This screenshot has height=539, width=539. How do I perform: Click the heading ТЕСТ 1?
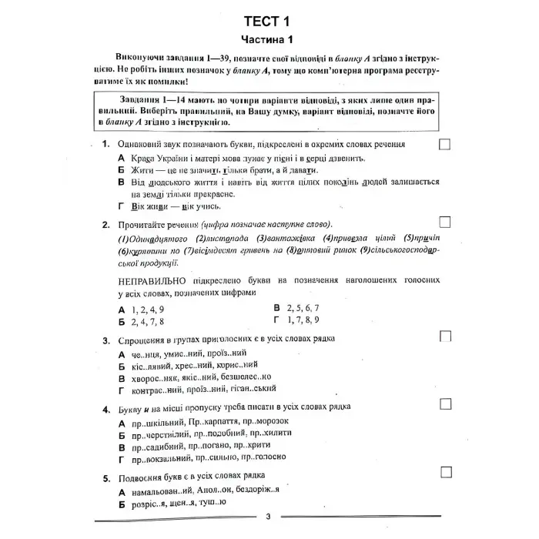(x=269, y=20)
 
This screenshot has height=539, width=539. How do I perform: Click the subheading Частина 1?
(x=269, y=39)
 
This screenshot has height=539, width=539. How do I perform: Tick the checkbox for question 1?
(x=444, y=144)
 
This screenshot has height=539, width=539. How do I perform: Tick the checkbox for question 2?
(x=444, y=221)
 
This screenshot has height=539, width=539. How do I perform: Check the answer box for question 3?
(x=444, y=336)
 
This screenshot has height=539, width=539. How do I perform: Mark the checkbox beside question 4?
(x=444, y=404)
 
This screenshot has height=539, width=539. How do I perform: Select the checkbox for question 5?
(x=444, y=472)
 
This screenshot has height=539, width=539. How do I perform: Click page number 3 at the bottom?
(x=268, y=517)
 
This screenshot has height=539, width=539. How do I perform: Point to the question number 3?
(x=105, y=339)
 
